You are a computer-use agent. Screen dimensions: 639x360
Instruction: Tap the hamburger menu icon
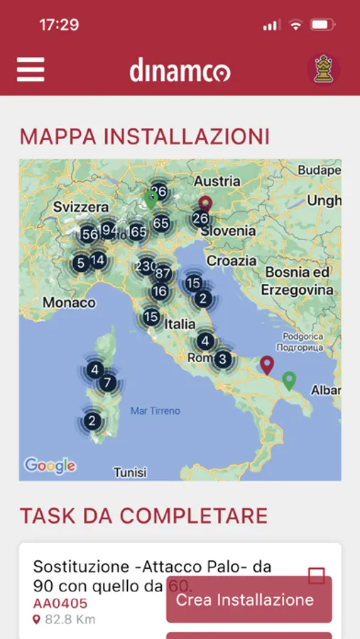tap(31, 69)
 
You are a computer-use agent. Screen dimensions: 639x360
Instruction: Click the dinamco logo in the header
tap(180, 71)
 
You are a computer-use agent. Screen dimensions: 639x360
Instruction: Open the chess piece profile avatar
tap(323, 69)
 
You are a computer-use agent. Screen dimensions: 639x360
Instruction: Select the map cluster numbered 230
tap(146, 266)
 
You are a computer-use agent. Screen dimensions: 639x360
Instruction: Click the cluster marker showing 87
tap(163, 273)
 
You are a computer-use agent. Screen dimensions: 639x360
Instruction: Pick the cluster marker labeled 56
tap(89, 235)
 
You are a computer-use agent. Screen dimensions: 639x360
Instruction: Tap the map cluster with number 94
tap(108, 230)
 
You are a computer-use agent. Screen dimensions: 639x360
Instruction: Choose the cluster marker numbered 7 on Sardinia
tap(107, 383)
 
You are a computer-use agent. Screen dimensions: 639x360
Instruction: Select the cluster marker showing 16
tap(160, 291)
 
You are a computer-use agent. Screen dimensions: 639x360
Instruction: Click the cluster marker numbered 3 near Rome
tap(222, 359)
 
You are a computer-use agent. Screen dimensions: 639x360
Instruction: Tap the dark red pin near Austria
tap(205, 204)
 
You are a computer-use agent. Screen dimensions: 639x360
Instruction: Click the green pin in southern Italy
tap(288, 381)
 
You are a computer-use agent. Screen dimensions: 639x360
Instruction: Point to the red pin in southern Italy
tap(267, 365)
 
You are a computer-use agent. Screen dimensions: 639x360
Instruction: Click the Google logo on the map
tap(50, 466)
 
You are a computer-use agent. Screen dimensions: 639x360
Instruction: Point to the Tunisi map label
tap(130, 472)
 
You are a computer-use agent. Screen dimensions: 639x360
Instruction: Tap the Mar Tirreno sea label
tap(156, 410)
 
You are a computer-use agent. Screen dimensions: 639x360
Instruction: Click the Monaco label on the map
tap(69, 302)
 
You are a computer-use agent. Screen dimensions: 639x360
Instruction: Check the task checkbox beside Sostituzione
tap(317, 575)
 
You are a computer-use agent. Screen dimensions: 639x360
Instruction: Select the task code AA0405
tap(60, 603)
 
